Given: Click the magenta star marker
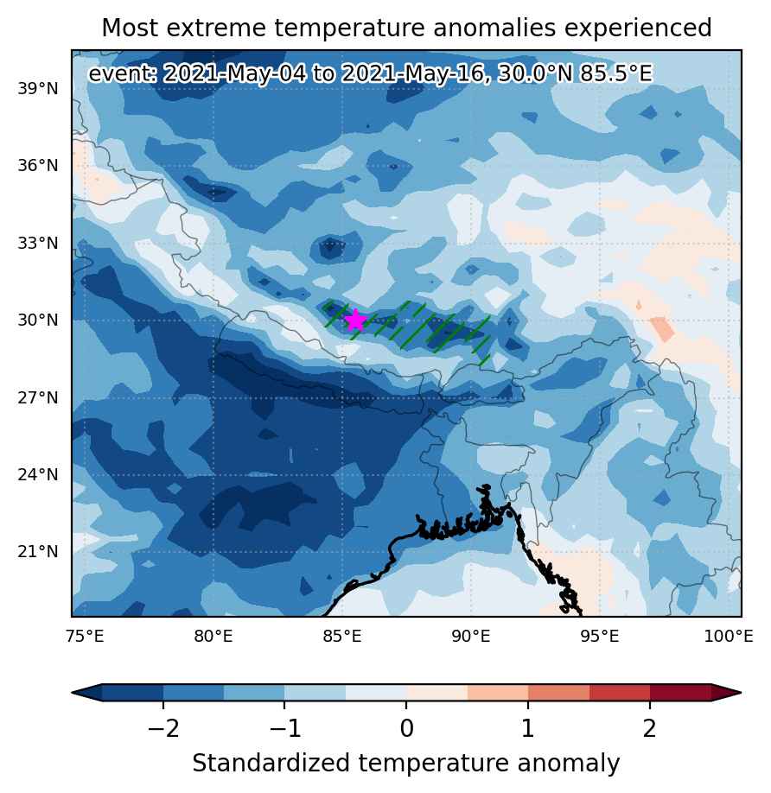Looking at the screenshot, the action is (355, 320).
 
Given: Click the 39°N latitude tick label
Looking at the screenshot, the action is (38, 88).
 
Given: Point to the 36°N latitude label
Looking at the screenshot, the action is (38, 165).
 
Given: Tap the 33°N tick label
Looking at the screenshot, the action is (38, 244).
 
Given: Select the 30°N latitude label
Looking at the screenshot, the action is (38, 320).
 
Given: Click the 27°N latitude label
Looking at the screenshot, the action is (38, 398).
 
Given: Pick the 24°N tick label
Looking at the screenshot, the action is (38, 475).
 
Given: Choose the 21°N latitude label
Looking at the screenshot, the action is (38, 552).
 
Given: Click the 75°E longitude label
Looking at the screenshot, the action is (85, 636).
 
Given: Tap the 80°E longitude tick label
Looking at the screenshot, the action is (213, 636).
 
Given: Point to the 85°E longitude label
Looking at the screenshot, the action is (342, 636).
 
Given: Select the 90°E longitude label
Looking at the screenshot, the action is (471, 636).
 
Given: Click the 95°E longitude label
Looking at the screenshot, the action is (600, 636).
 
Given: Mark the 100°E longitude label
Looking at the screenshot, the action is (729, 636).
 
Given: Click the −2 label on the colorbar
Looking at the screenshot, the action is (162, 729).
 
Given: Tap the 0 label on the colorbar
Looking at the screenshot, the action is (406, 729).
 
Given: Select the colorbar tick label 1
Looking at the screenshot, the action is (528, 729).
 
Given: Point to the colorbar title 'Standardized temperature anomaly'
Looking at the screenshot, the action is (405, 763).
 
